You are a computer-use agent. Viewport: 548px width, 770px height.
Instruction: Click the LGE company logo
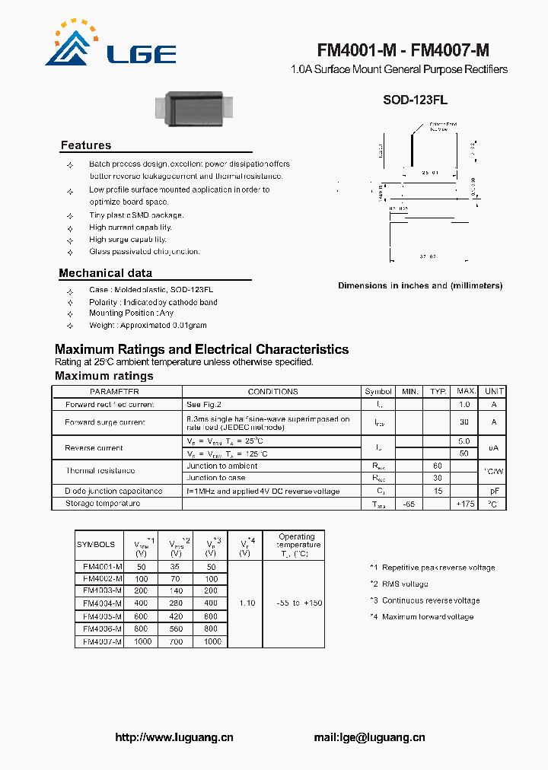tap(110, 45)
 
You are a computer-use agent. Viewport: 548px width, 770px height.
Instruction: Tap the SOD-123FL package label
tap(414, 99)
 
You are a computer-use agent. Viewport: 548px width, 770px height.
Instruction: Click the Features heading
tap(86, 145)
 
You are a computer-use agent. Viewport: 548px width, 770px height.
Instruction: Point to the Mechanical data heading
tap(105, 273)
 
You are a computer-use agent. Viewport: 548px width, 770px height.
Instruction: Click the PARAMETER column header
tap(115, 391)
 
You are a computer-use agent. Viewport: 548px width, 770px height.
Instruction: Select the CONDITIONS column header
tap(272, 391)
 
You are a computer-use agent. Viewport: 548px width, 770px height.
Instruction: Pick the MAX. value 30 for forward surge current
tap(464, 422)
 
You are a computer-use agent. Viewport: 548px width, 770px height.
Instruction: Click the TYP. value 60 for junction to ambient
tap(437, 466)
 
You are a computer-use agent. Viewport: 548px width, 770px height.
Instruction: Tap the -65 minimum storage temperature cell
tap(409, 504)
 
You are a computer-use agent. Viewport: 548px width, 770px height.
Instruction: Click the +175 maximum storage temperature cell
tap(464, 504)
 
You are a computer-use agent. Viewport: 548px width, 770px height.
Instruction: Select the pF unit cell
tap(493, 491)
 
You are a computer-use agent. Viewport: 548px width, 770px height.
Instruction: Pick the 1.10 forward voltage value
tap(246, 603)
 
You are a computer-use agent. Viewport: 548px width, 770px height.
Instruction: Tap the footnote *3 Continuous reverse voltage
tap(425, 600)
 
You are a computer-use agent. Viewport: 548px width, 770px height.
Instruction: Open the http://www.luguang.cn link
tap(174, 737)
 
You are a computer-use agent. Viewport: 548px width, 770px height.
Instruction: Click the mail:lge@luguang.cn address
tap(369, 737)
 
